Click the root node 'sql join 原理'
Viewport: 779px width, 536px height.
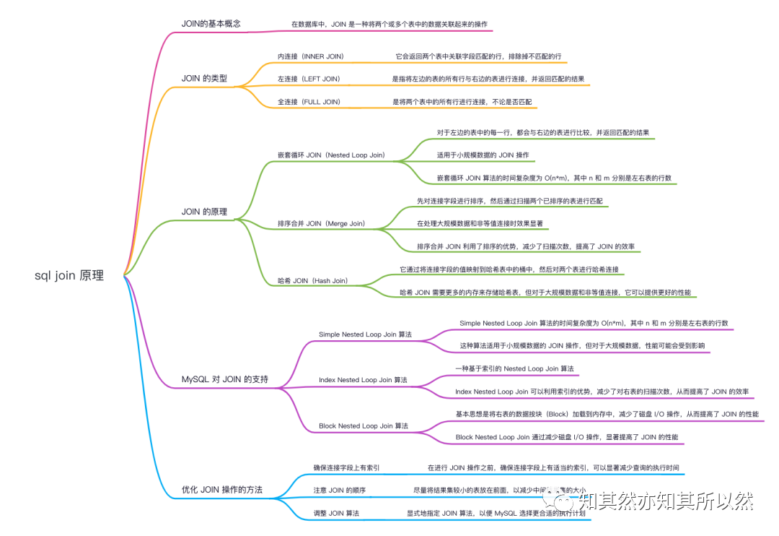pyautogui.click(x=69, y=275)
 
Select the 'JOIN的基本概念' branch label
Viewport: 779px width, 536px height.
pyautogui.click(x=211, y=24)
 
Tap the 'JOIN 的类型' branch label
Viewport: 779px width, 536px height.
pyautogui.click(x=204, y=78)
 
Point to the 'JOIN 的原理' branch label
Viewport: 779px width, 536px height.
pyautogui.click(x=204, y=212)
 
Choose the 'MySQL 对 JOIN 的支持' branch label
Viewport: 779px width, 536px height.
pyautogui.click(x=224, y=379)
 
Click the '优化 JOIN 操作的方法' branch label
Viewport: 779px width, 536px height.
pyautogui.click(x=221, y=490)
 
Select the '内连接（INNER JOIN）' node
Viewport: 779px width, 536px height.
pyautogui.click(x=311, y=56)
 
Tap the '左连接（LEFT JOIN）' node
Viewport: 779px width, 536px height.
pyautogui.click(x=309, y=78)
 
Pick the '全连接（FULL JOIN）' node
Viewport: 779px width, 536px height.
pyautogui.click(x=309, y=102)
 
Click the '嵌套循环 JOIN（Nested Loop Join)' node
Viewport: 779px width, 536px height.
pyautogui.click(x=331, y=155)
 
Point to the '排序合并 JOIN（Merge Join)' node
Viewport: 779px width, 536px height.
pyautogui.click(x=321, y=224)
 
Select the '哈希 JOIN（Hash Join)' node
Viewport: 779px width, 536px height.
pyautogui.click(x=312, y=280)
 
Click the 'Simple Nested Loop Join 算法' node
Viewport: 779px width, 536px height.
pyautogui.click(x=365, y=334)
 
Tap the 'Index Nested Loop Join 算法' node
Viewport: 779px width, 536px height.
pyautogui.click(x=363, y=380)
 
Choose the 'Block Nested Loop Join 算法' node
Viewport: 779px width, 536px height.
pyautogui.click(x=364, y=426)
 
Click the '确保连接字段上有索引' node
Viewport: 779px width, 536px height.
pyautogui.click(x=346, y=467)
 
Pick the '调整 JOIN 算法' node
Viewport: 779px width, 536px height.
pyautogui.click(x=336, y=513)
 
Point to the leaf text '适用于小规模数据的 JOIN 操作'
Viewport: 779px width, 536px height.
pyautogui.click(x=483, y=155)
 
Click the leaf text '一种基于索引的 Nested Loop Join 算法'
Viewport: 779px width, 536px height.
pyautogui.click(x=514, y=368)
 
